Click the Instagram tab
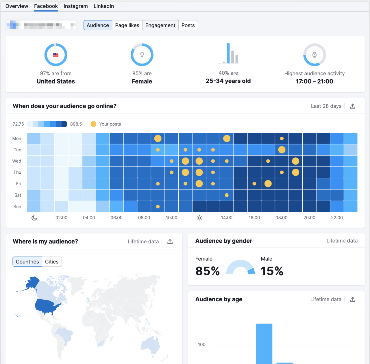tap(75, 6)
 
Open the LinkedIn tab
tap(103, 6)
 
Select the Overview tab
tap(17, 6)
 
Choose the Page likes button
tap(127, 25)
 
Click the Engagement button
tap(160, 25)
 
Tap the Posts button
tap(188, 25)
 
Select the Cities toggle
tap(52, 262)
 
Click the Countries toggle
tap(27, 262)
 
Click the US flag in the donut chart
tap(56, 55)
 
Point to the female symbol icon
tap(142, 55)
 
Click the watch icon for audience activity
tap(314, 55)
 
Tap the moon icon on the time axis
tap(34, 218)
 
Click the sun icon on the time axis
tap(199, 218)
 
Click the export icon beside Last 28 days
tap(352, 106)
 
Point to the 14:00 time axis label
tap(227, 218)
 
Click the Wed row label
tap(17, 161)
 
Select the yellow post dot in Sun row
tap(158, 207)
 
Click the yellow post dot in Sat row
tap(227, 195)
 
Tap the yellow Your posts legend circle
tap(93, 124)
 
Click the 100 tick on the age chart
tap(201, 344)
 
